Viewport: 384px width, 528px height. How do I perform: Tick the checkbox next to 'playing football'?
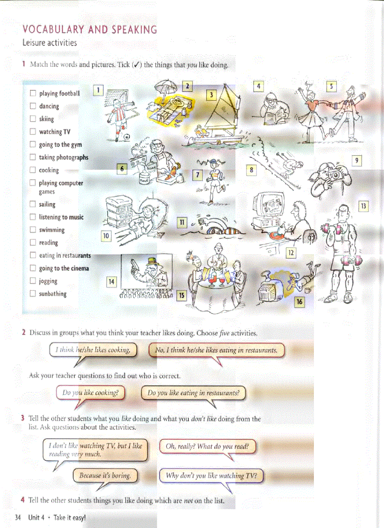click(x=33, y=94)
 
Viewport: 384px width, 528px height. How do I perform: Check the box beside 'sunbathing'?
click(x=33, y=294)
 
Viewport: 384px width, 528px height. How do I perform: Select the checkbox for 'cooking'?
click(x=33, y=170)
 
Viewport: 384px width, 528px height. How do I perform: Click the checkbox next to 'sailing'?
click(x=33, y=205)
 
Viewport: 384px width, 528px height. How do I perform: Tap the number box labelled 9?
click(x=357, y=161)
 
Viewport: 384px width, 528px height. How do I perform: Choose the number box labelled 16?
click(x=299, y=302)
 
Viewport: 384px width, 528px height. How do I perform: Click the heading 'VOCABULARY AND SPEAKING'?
click(x=89, y=30)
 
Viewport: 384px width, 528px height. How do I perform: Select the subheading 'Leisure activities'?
click(x=49, y=43)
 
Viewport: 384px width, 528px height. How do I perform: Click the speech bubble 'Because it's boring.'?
click(x=104, y=475)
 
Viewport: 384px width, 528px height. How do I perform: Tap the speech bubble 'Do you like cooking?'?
click(x=90, y=393)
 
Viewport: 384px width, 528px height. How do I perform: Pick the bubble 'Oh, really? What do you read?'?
click(x=208, y=446)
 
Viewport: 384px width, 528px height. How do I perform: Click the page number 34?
click(x=18, y=518)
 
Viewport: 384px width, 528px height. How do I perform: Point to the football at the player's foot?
click(x=127, y=137)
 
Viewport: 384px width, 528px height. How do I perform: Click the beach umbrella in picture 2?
click(x=168, y=87)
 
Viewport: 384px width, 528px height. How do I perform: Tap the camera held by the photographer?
click(x=335, y=175)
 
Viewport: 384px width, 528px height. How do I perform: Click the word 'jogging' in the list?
click(x=48, y=281)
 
